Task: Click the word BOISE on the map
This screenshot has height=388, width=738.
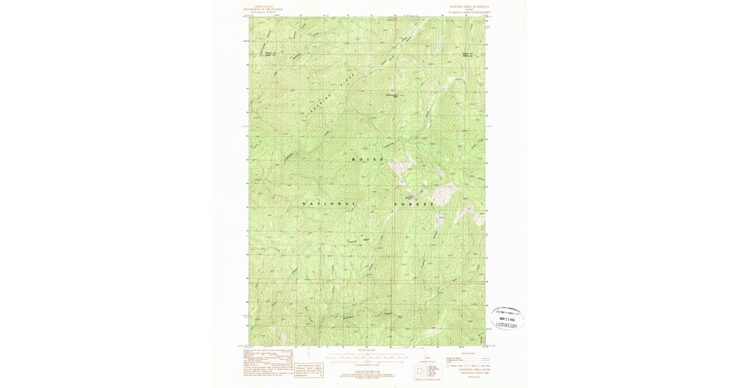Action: pos(367,160)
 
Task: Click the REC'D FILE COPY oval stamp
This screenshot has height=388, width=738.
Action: pos(507,318)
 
